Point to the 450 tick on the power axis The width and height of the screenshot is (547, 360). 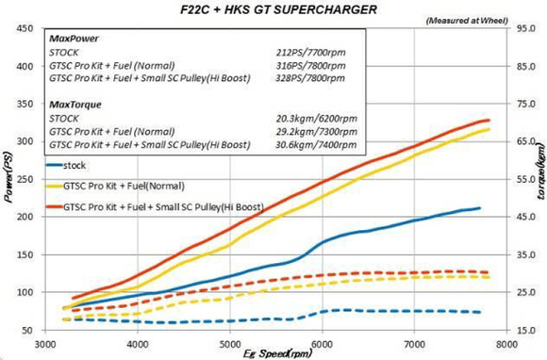click(x=24, y=28)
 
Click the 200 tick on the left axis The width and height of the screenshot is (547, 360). click(x=24, y=217)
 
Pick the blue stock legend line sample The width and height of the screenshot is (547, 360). click(x=62, y=164)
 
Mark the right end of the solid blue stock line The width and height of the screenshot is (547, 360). click(x=480, y=208)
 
